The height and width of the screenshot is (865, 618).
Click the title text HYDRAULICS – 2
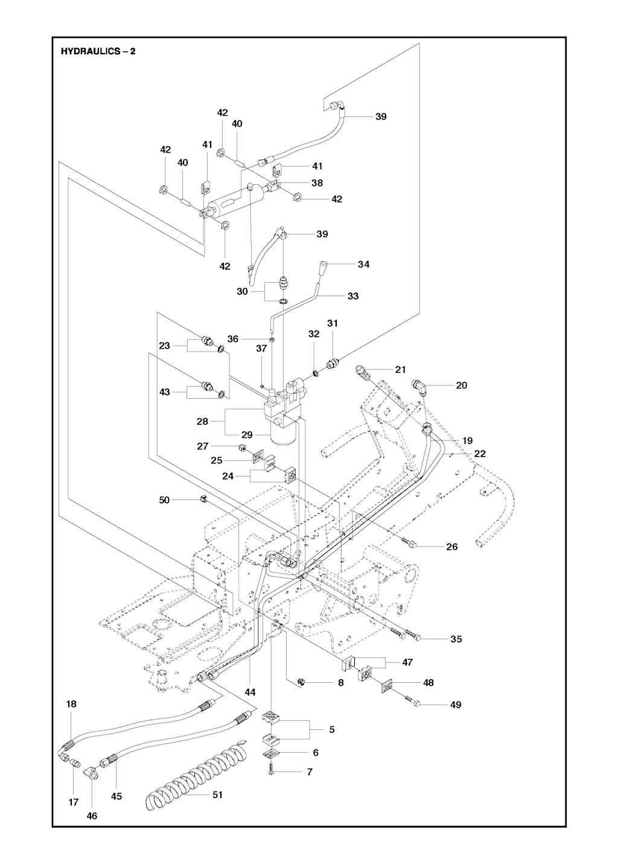click(98, 51)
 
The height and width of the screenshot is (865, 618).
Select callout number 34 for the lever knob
click(363, 264)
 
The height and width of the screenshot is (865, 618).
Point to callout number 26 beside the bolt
click(451, 547)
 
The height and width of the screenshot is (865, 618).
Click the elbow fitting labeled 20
click(420, 385)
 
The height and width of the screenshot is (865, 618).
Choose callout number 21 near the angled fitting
click(400, 369)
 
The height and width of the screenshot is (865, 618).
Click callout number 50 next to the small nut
click(164, 499)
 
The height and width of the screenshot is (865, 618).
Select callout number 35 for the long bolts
click(456, 639)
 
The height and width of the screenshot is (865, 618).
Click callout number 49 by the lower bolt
click(456, 705)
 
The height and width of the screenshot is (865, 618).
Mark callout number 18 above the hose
click(71, 704)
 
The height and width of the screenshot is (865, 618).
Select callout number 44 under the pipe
click(250, 692)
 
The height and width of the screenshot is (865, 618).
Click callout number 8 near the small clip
click(340, 683)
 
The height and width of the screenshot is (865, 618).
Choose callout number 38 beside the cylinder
click(316, 183)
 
